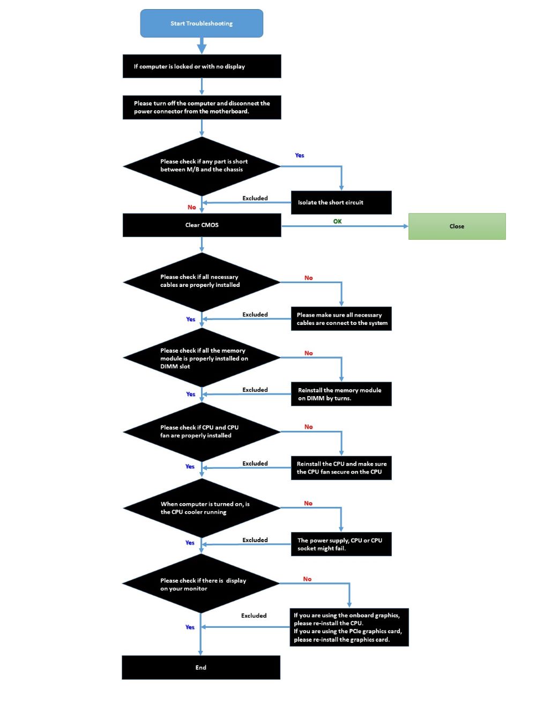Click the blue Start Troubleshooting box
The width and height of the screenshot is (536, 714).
[x=202, y=24]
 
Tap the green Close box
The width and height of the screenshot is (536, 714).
[x=457, y=226]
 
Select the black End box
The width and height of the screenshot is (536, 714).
[x=201, y=667]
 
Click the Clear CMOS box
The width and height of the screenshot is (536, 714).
[x=202, y=225]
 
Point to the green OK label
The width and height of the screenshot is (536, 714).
[x=337, y=221]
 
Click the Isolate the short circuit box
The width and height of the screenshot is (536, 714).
[x=341, y=203]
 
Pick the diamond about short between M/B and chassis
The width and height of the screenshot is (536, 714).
[x=202, y=166]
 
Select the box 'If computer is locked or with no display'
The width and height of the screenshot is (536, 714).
[x=202, y=66]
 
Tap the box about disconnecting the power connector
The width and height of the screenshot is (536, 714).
[x=202, y=108]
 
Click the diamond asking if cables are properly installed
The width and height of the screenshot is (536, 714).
[x=202, y=282]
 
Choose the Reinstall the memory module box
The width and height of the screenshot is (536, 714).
[x=341, y=394]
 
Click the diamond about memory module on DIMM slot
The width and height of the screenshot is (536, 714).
[x=202, y=358]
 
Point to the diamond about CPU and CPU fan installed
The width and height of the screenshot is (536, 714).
[x=202, y=431]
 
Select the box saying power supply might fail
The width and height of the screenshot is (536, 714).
[x=341, y=544]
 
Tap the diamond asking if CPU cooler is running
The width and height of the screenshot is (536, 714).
[x=202, y=508]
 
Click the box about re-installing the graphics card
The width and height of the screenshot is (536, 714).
[x=349, y=627]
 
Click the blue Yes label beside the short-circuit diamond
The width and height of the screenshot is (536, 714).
[x=300, y=156]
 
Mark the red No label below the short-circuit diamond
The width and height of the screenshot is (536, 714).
[x=191, y=207]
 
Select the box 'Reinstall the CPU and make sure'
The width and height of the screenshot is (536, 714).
[x=341, y=468]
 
